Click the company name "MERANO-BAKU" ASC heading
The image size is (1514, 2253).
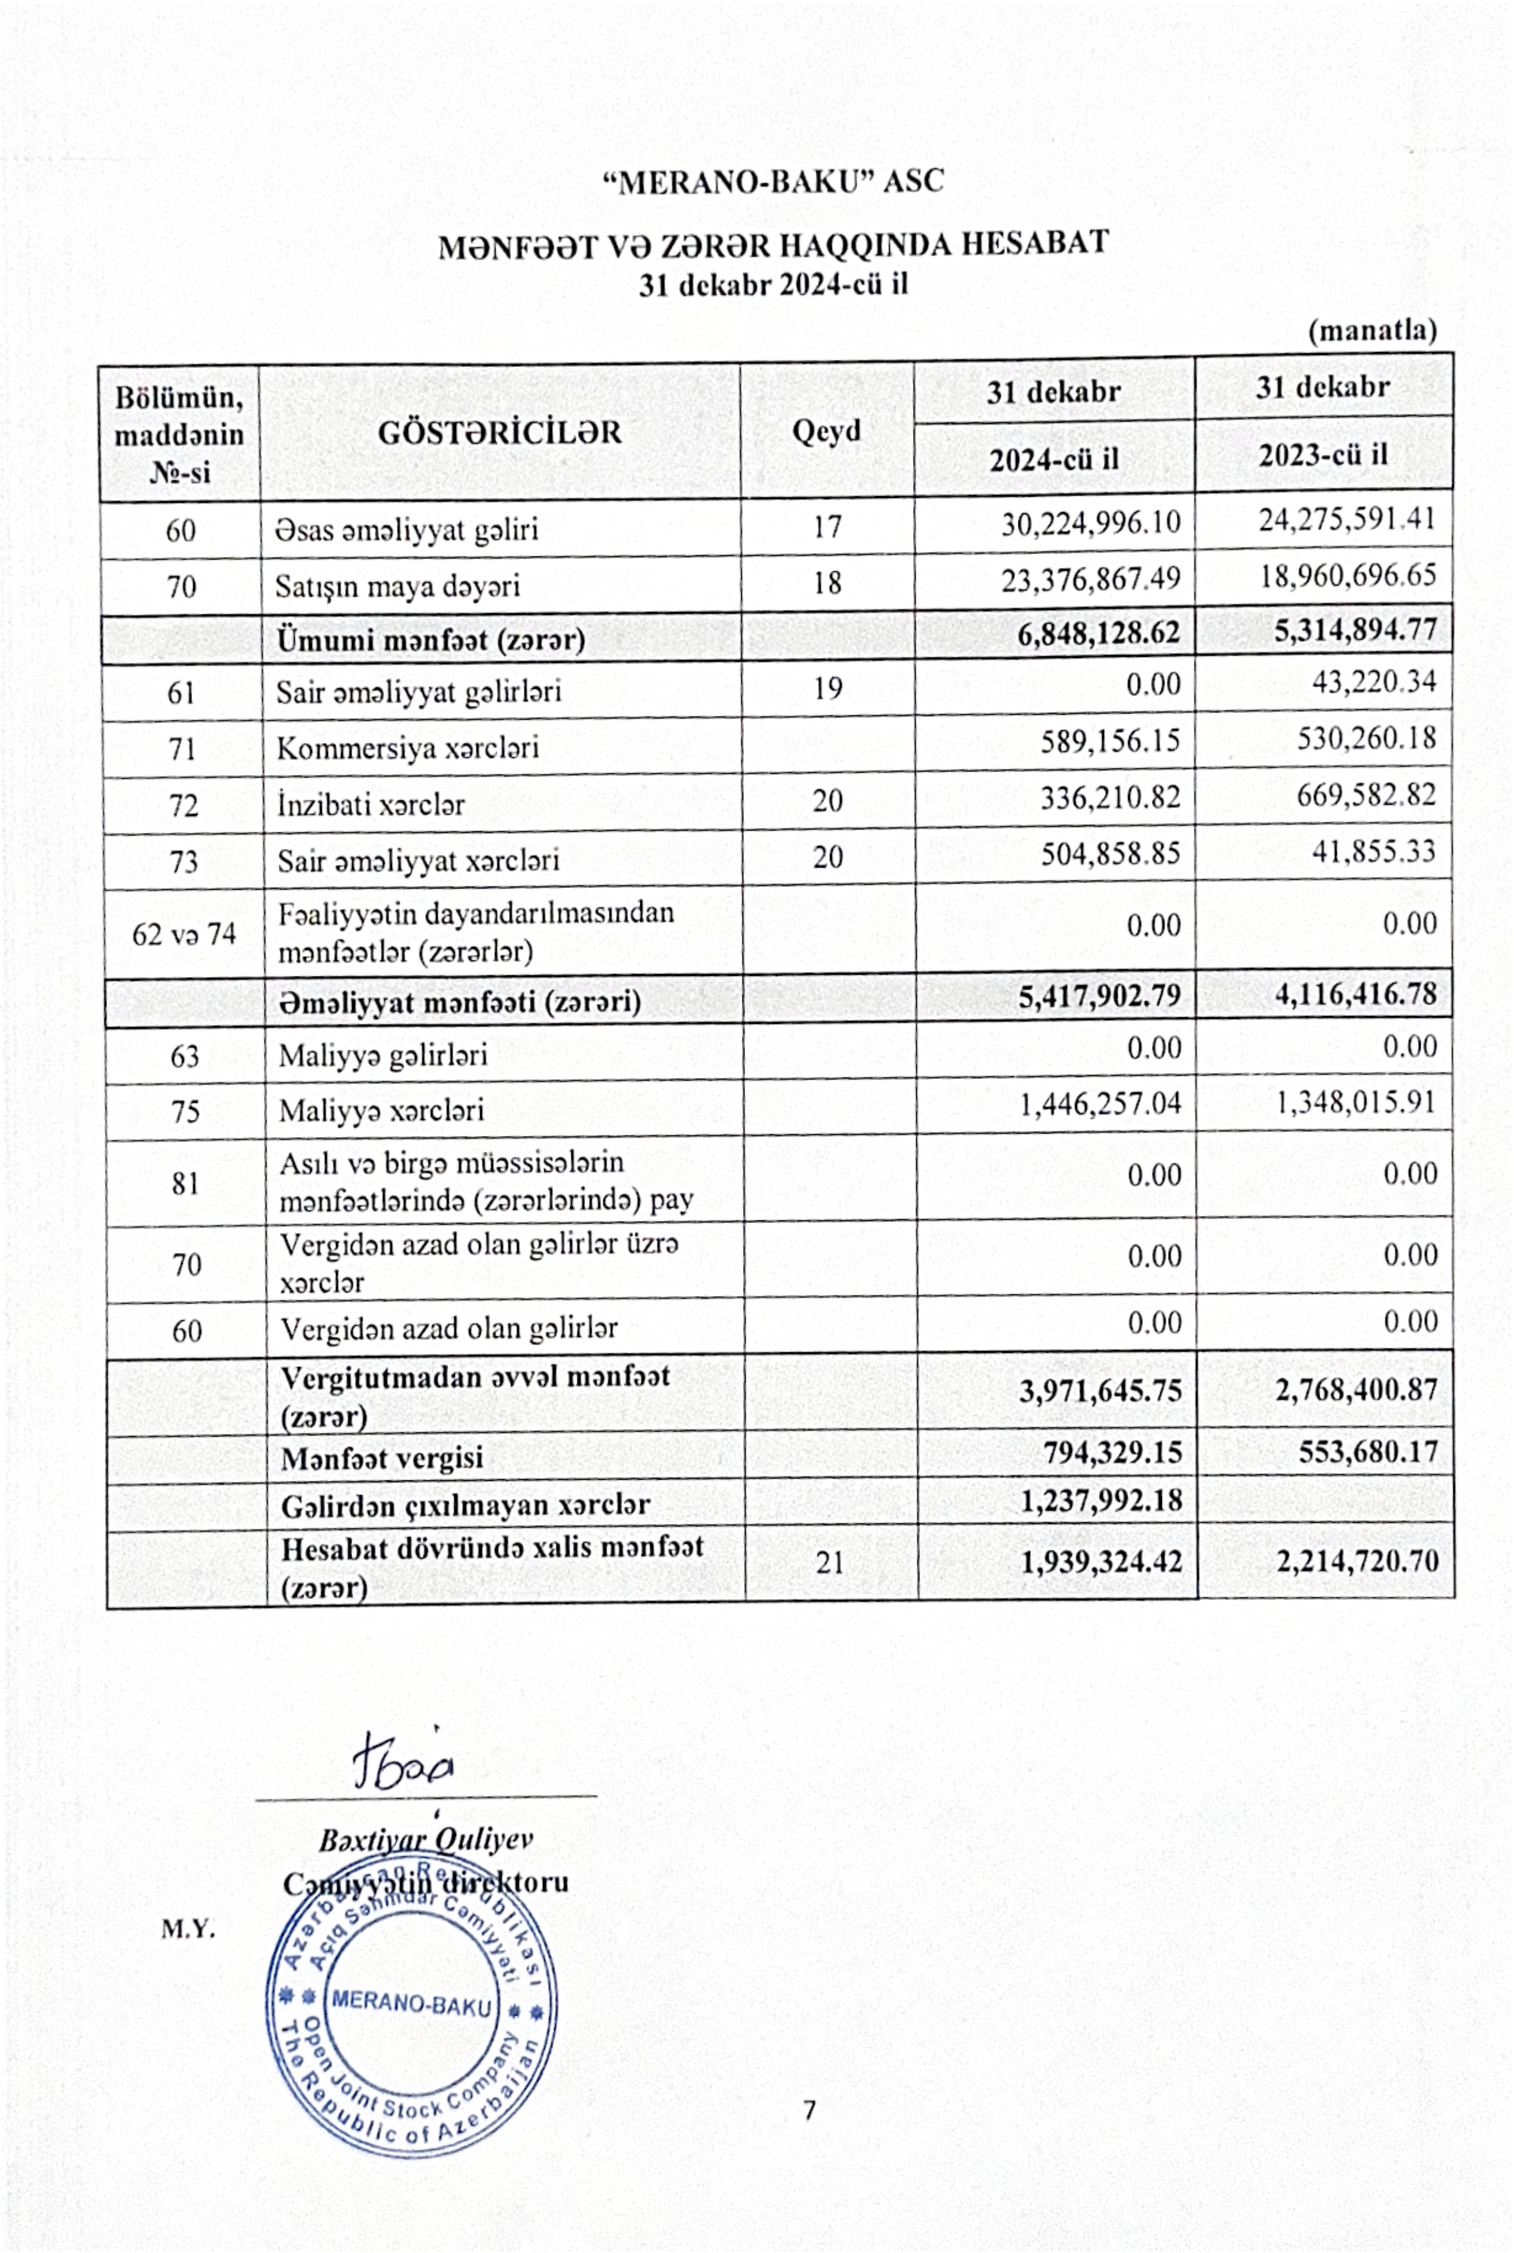pyautogui.click(x=773, y=181)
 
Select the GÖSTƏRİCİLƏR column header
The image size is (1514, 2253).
pyautogui.click(x=499, y=432)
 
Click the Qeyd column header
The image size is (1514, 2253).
pyautogui.click(x=826, y=431)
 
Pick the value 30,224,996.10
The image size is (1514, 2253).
pyautogui.click(x=1090, y=523)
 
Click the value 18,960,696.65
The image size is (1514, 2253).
pyautogui.click(x=1347, y=577)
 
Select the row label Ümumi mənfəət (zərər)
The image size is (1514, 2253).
pyautogui.click(x=431, y=639)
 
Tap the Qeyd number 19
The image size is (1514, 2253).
pyautogui.click(x=828, y=688)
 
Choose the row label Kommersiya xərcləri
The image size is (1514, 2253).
pyautogui.click(x=408, y=748)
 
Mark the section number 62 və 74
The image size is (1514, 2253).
pyautogui.click(x=184, y=933)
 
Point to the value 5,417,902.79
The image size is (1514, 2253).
pyautogui.click(x=1099, y=995)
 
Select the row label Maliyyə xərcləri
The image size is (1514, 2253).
pyautogui.click(x=382, y=1110)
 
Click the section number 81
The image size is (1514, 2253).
pyautogui.click(x=185, y=1183)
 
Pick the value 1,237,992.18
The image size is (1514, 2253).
pyautogui.click(x=1101, y=1501)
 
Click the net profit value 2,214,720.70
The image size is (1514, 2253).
pyautogui.click(x=1357, y=1561)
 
